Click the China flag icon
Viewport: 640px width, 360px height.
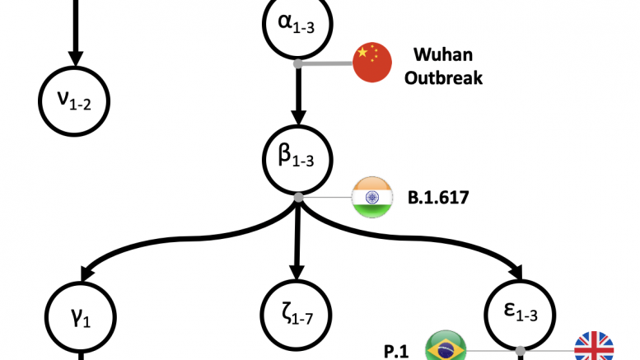372,63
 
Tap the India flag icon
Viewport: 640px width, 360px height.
372,198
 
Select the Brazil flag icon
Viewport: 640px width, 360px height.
446,348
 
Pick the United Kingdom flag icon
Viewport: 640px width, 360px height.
594,348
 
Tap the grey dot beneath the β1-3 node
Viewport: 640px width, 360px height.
297,198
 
